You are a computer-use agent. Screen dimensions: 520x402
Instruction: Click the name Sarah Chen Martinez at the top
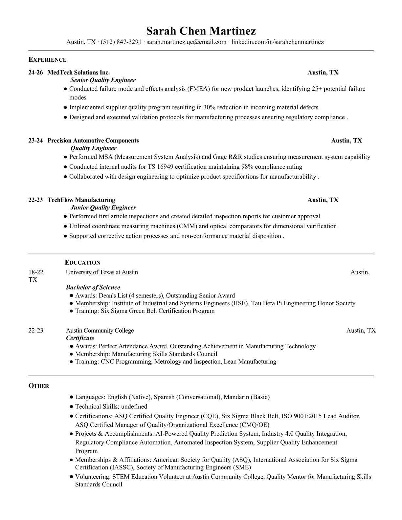pyautogui.click(x=201, y=31)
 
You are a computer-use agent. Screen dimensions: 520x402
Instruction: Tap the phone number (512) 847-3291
pyautogui.click(x=121, y=42)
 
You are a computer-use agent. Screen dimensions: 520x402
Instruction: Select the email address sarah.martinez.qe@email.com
pyautogui.click(x=186, y=42)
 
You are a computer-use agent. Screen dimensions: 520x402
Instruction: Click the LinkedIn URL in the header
pyautogui.click(x=278, y=42)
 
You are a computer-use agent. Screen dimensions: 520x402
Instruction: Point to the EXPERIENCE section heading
pyautogui.click(x=48, y=60)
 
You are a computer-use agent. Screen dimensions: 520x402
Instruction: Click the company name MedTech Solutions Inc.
pyautogui.click(x=78, y=73)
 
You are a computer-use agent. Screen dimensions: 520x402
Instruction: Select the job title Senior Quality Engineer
pyautogui.click(x=103, y=80)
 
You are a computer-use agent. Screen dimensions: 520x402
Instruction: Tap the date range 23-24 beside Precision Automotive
pyautogui.click(x=35, y=141)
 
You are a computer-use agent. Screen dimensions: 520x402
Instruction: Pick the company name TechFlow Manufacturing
pyautogui.click(x=81, y=200)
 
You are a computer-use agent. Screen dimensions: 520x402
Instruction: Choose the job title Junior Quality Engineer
pyautogui.click(x=103, y=207)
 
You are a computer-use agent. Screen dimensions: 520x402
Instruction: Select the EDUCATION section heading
pyautogui.click(x=83, y=262)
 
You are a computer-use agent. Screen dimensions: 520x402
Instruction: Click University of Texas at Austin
pyautogui.click(x=102, y=272)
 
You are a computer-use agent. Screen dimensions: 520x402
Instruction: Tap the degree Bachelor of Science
pyautogui.click(x=93, y=287)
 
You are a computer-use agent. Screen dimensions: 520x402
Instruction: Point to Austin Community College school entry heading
pyautogui.click(x=100, y=330)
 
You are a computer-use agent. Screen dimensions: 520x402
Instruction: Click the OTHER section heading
pyautogui.click(x=39, y=386)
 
